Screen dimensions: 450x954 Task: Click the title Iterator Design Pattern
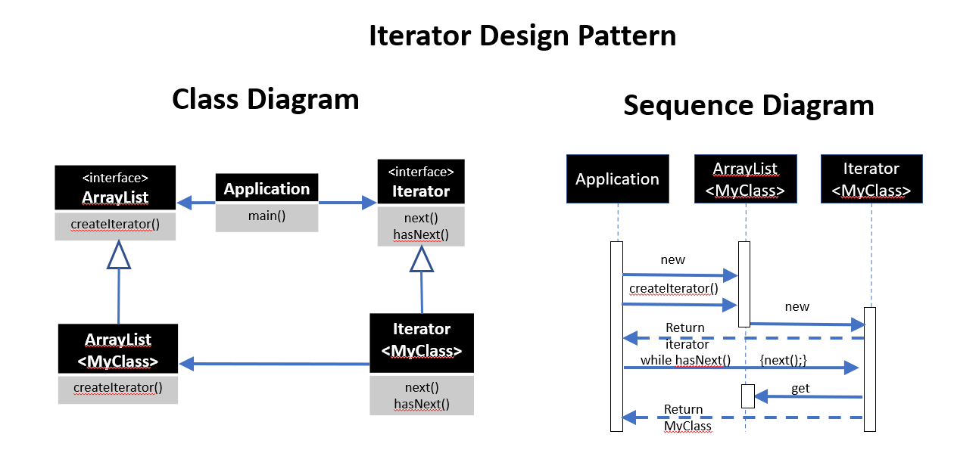(522, 36)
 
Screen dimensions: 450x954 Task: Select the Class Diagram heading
(265, 99)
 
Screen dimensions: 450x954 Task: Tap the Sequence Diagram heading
(748, 105)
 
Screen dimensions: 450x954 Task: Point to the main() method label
(267, 216)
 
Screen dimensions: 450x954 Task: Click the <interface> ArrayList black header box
(115, 188)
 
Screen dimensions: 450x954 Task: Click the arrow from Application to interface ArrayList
(196, 203)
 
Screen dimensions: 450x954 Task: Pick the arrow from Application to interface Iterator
(348, 203)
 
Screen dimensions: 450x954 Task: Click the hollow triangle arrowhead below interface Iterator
(421, 259)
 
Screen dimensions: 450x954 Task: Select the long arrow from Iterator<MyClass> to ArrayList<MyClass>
(274, 365)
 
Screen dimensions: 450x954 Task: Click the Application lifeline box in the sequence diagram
(617, 179)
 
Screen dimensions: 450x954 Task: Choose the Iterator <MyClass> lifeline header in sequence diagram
(871, 179)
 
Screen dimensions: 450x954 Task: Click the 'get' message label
(800, 389)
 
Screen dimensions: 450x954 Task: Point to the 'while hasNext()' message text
(685, 360)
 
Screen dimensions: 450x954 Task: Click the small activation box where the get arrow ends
(747, 396)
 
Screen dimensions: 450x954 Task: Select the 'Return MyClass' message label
(685, 417)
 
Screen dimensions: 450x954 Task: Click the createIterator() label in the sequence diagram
(673, 288)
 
